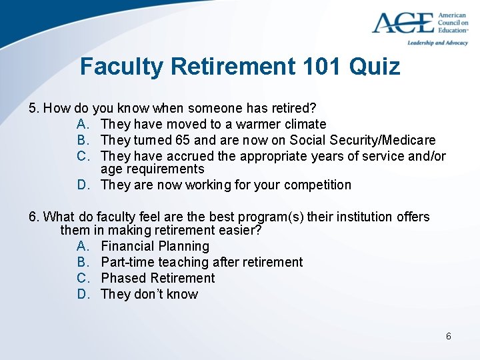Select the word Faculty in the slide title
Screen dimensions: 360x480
point(121,67)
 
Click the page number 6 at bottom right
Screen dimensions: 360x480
point(448,336)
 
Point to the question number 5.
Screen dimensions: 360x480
point(33,108)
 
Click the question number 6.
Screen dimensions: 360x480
point(33,217)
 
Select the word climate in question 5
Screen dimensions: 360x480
point(303,124)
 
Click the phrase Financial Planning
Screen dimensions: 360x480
point(155,246)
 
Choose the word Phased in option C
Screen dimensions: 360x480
point(124,278)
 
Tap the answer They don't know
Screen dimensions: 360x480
point(149,294)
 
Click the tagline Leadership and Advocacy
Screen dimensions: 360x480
point(437,43)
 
